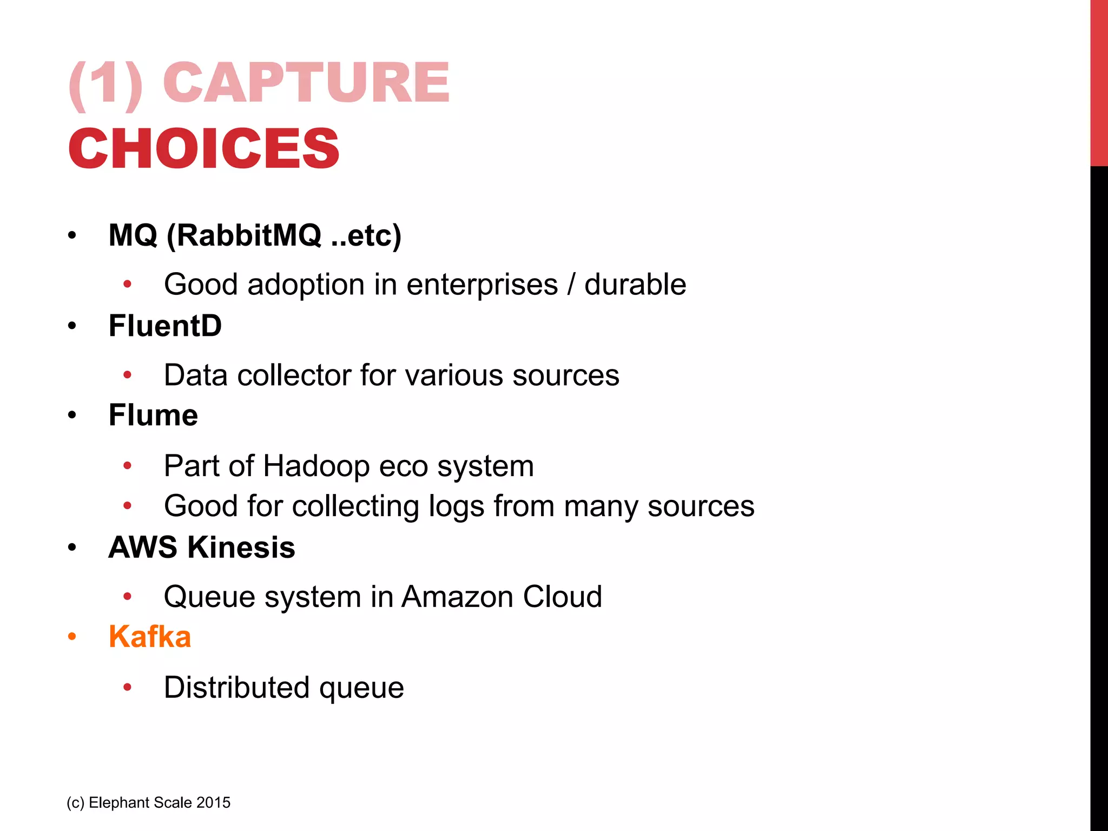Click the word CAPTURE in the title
coord(306,83)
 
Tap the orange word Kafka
coord(150,637)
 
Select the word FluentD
coord(165,326)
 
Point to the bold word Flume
coord(153,415)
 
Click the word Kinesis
coord(241,547)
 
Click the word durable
coord(635,285)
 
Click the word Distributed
coord(236,688)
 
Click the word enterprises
coord(482,285)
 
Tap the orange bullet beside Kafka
coord(72,637)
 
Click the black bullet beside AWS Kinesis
coord(72,548)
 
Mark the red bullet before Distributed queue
coord(128,688)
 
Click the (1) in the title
coord(106,84)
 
